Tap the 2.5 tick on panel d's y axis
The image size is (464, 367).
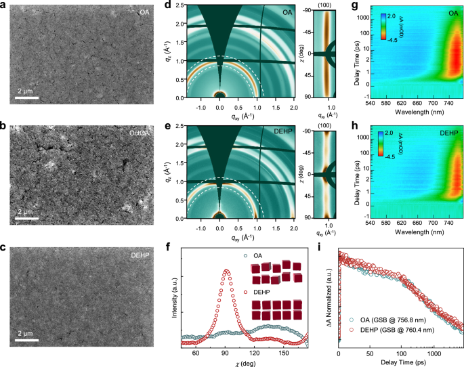172,5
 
